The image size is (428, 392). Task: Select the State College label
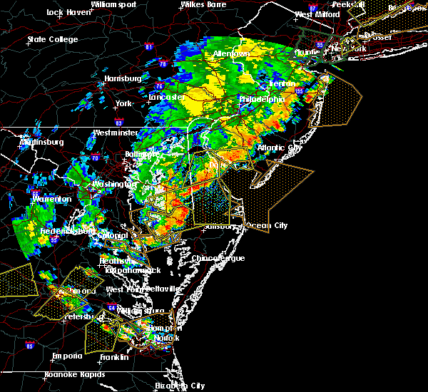point(53,39)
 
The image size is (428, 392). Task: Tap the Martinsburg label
point(41,142)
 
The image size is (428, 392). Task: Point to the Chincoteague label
point(218,258)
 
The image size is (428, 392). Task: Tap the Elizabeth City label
point(179,386)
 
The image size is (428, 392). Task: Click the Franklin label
point(114,357)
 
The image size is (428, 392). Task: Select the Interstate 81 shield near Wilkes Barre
point(149,47)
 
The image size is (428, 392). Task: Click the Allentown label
point(231,54)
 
